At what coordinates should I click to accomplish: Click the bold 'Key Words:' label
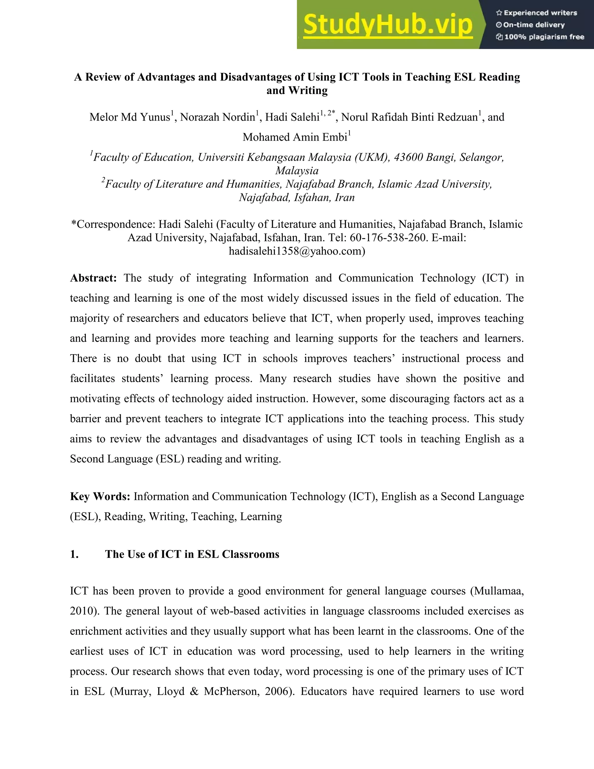pyautogui.click(x=100, y=497)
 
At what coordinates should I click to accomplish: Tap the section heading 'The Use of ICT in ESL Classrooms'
pyautogui.click(x=192, y=554)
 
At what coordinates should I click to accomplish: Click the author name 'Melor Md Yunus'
pyautogui.click(x=129, y=117)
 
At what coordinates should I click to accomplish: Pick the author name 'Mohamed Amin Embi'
pyautogui.click(x=295, y=137)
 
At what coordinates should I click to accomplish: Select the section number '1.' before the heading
pyautogui.click(x=74, y=554)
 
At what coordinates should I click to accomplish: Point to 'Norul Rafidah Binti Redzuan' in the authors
pyautogui.click(x=410, y=117)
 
